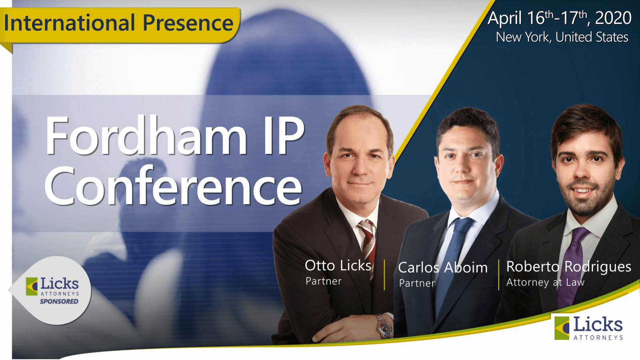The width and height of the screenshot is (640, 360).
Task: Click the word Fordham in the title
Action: point(146,135)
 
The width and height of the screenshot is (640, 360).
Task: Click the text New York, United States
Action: point(562,37)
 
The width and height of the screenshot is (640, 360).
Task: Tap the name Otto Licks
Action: point(338,266)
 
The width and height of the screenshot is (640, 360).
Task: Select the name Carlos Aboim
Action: point(442,268)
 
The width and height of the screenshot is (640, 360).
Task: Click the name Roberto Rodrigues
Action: point(568,266)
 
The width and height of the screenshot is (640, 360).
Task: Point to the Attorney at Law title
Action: point(546,282)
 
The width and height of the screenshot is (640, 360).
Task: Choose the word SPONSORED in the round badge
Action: point(59,302)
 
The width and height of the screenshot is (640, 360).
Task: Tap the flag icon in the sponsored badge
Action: point(32,286)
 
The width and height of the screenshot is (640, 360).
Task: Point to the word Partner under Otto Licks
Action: point(324,281)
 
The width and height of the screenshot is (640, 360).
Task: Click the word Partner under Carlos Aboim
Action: point(417,283)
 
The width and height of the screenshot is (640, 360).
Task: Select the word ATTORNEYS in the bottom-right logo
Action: point(598,338)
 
